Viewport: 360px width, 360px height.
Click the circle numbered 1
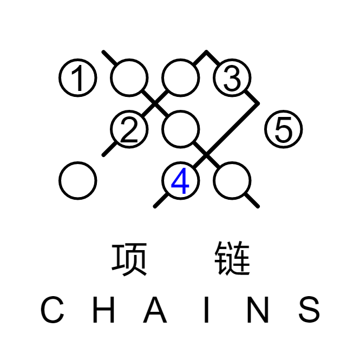coord(77,78)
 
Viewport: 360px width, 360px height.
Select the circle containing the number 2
coord(129,129)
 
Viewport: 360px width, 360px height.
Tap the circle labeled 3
coord(232,78)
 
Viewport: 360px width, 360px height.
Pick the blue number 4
coord(180,181)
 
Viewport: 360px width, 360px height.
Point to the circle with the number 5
coord(283,129)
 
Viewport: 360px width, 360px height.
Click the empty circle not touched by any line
coord(77,181)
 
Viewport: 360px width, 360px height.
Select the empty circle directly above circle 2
coord(129,78)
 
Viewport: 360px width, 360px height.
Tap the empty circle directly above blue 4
coord(180,129)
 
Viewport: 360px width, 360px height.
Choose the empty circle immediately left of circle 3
coord(180,78)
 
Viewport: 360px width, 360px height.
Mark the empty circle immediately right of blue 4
coord(232,181)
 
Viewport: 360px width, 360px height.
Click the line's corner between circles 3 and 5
coord(258,103)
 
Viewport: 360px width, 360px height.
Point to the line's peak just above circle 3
coord(206,53)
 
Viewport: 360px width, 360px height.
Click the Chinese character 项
coord(129,259)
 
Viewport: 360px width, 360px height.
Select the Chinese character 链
coord(232,259)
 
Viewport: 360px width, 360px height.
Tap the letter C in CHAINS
coord(53,310)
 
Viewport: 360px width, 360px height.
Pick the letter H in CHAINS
coord(103,310)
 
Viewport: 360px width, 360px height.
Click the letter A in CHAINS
coord(155,310)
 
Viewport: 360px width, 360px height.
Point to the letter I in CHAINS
coord(206,310)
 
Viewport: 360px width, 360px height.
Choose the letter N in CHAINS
coord(258,310)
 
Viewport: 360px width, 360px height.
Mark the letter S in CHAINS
coord(309,310)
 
